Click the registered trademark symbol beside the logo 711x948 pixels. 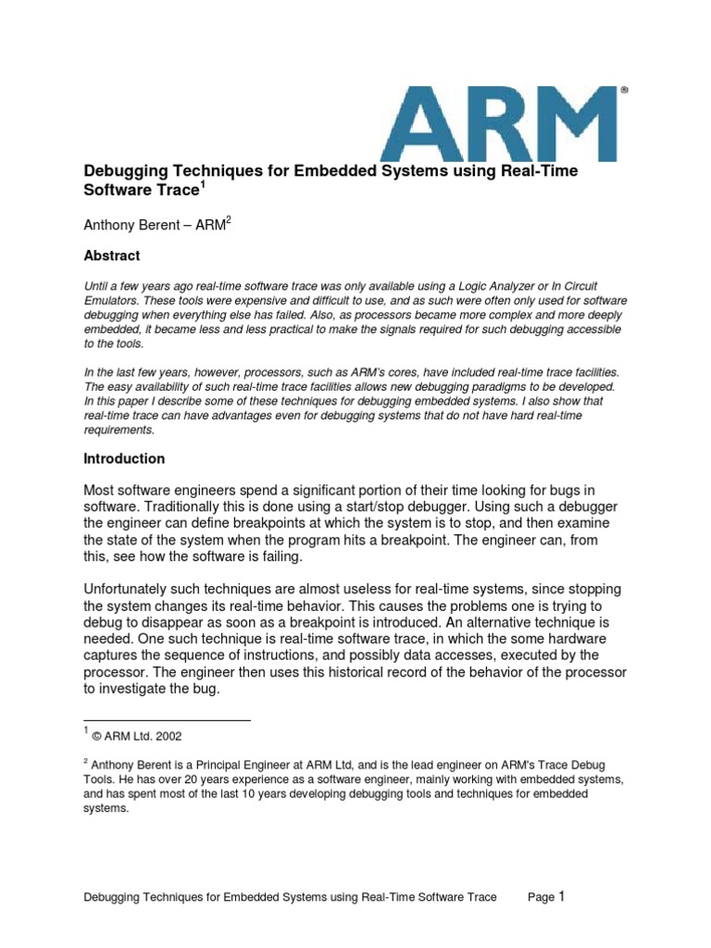click(624, 91)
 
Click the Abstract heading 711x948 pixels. click(112, 256)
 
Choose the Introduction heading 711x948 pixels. click(124, 458)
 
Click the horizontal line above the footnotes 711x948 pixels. click(167, 719)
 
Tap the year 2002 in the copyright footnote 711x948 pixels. click(168, 737)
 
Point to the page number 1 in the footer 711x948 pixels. click(561, 895)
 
